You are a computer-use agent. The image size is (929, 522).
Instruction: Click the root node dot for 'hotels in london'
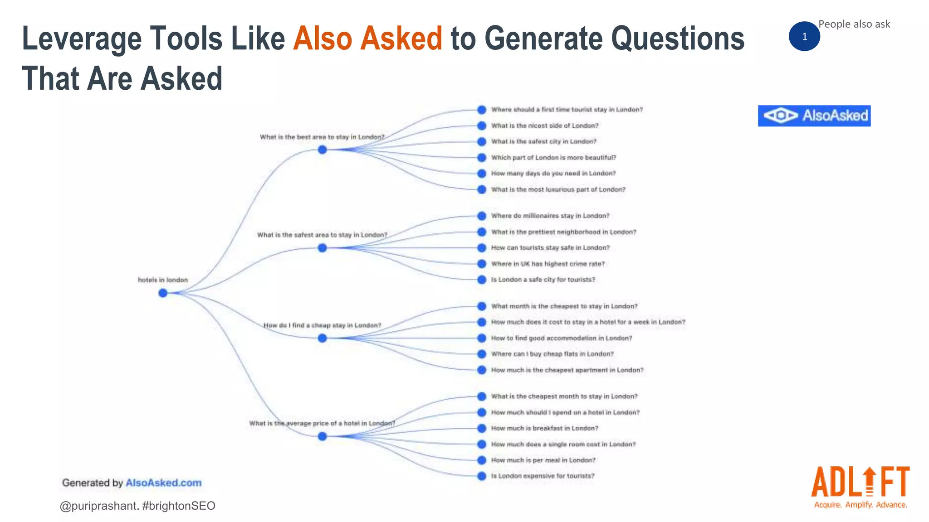click(x=163, y=293)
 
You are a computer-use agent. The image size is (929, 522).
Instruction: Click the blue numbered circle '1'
click(x=804, y=37)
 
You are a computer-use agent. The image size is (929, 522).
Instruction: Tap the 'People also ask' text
click(x=854, y=24)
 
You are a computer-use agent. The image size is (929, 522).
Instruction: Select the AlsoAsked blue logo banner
click(x=814, y=116)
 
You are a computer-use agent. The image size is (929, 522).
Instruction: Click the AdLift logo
click(x=860, y=488)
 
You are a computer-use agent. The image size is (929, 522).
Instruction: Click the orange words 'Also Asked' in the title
click(x=367, y=38)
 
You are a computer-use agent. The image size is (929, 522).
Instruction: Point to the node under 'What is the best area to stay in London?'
click(x=322, y=150)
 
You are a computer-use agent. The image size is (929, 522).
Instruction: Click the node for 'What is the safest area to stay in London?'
click(x=322, y=248)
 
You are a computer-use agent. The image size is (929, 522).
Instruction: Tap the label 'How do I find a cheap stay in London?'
click(x=322, y=325)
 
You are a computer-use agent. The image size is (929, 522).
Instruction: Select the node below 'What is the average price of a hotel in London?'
click(x=322, y=436)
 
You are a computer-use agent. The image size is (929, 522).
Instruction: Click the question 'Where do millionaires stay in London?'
click(x=550, y=216)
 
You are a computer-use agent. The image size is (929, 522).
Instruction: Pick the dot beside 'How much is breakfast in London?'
click(x=482, y=428)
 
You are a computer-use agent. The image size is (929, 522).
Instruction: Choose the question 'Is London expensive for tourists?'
click(x=543, y=476)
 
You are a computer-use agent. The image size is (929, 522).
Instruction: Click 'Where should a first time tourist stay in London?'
click(x=567, y=110)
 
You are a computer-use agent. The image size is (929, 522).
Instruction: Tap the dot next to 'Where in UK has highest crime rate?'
click(x=482, y=264)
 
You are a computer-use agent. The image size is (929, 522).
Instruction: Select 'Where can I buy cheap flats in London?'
click(x=552, y=354)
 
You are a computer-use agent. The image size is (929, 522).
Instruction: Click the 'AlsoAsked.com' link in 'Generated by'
click(x=163, y=483)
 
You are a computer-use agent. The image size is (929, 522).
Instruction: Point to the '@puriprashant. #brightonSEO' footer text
click(x=137, y=506)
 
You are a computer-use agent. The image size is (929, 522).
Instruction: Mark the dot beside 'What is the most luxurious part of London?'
click(x=482, y=189)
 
